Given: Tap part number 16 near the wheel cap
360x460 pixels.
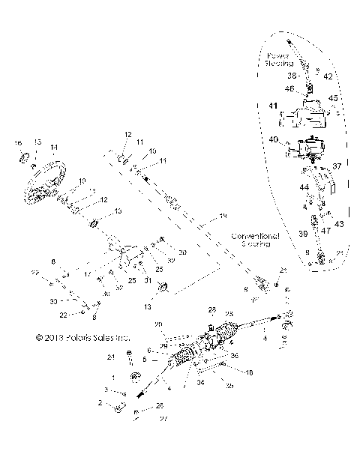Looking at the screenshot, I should pos(19,142).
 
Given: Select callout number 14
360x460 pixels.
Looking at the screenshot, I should pos(53,147).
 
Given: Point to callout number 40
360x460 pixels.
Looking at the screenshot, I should pos(274,140).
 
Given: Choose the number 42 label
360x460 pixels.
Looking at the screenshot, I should pos(328,76).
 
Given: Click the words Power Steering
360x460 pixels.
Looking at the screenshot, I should pos(281,60).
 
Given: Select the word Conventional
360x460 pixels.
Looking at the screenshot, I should pos(255,235).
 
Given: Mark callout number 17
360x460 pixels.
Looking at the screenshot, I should pos(87,274).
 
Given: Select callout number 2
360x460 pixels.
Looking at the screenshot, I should pos(100,403).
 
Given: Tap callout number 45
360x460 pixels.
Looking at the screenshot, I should pos(334,98).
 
